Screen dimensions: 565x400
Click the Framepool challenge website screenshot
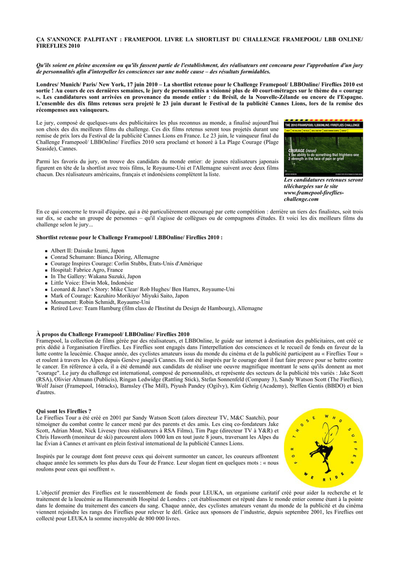323,147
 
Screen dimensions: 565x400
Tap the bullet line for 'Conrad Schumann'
104,257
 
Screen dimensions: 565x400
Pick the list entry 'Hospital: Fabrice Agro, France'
87,270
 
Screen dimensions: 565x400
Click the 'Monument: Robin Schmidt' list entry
100,302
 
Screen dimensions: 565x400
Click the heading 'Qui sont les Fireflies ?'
64,412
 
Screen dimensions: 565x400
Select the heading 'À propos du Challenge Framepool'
113,334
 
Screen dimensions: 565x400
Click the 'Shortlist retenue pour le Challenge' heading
129,237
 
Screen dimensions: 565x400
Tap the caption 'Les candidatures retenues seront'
323,180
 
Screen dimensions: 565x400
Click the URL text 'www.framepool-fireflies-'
313,193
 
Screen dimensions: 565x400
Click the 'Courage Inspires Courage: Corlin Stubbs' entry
127,264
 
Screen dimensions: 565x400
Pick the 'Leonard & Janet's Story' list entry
143,289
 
